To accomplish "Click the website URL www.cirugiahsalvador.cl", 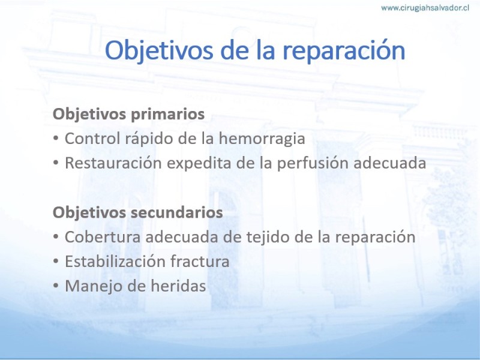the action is click(x=425, y=8).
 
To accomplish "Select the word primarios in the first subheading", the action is click(x=168, y=114).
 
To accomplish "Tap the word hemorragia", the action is click(x=262, y=139).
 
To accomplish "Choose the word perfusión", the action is click(x=313, y=163).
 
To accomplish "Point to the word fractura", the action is click(x=200, y=262).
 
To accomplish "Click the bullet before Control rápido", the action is click(x=56, y=139).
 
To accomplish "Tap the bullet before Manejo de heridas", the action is click(x=56, y=286).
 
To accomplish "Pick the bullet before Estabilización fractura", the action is click(x=56, y=262).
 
